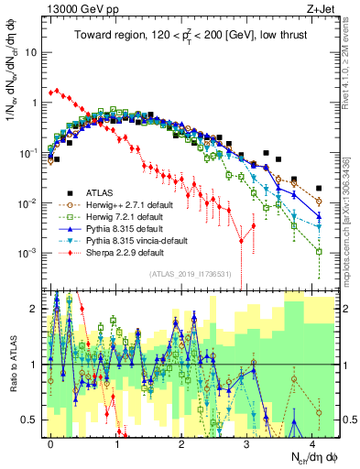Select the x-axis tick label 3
(x=250, y=442)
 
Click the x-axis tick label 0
(x=50, y=442)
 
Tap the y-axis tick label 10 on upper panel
(x=31, y=52)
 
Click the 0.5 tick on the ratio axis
(x=33, y=420)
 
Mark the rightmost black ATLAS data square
(x=319, y=190)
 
